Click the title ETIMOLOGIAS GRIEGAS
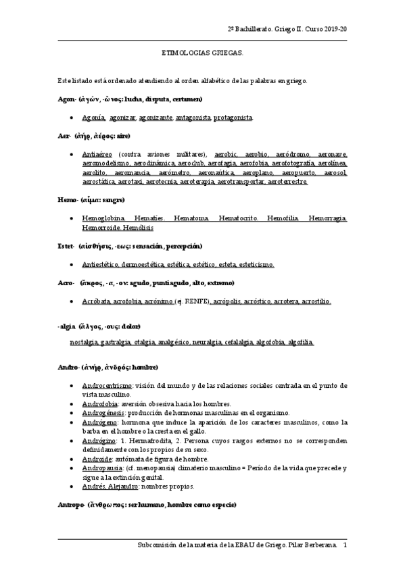202,51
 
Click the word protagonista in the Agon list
233,118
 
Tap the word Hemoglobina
102,218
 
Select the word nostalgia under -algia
84,343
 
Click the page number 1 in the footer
346,545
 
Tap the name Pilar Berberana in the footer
312,545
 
